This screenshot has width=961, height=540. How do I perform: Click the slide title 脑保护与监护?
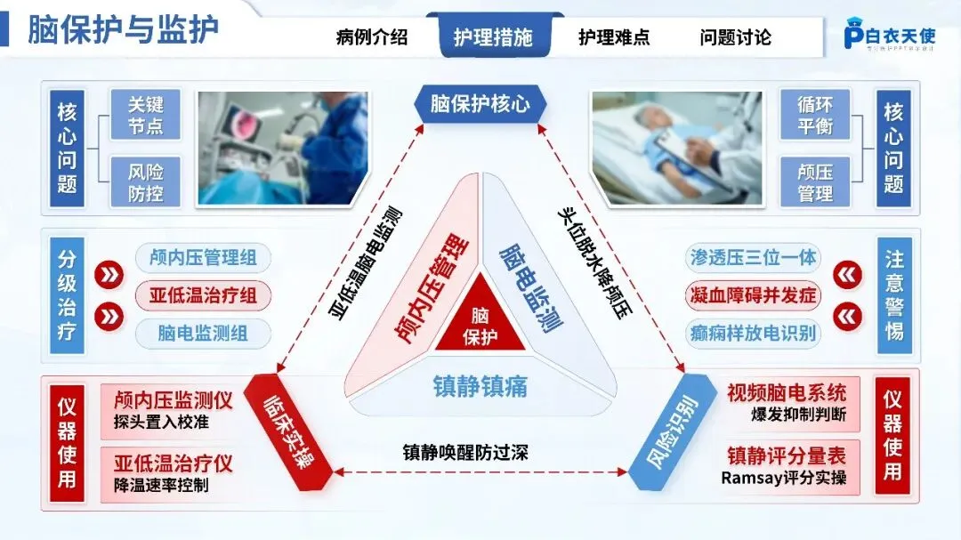(x=123, y=29)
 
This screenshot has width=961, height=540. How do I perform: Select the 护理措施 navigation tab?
(x=493, y=37)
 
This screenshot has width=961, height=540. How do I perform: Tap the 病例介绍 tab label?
(x=372, y=37)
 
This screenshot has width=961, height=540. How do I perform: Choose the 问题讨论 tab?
(x=735, y=37)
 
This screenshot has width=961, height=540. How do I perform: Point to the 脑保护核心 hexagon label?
(x=480, y=104)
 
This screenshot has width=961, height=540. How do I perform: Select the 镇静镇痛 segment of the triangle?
(x=480, y=386)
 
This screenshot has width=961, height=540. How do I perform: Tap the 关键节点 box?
(x=145, y=113)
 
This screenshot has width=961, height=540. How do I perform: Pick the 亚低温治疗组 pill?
(x=202, y=295)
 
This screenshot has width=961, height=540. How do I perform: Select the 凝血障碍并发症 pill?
(x=754, y=295)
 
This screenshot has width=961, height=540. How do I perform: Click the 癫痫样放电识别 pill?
(x=754, y=334)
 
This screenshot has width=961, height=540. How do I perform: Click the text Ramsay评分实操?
(x=784, y=479)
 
